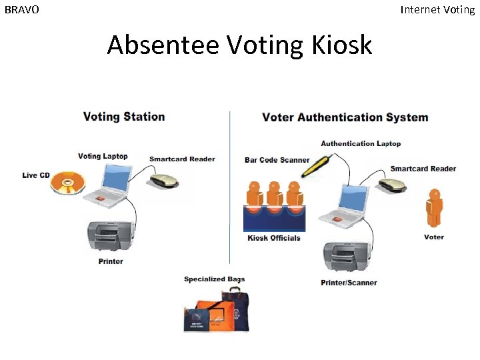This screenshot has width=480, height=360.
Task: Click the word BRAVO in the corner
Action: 22,10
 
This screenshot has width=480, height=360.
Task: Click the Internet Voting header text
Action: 437,10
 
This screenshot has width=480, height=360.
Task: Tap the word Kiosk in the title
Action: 341,45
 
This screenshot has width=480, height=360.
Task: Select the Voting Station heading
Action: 124,117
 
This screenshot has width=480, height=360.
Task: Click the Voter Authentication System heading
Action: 345,117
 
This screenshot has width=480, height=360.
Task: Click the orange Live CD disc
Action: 69,182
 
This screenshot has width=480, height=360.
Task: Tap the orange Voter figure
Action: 435,209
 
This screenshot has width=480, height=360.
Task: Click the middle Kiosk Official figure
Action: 274,194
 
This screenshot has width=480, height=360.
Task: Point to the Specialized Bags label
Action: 215,279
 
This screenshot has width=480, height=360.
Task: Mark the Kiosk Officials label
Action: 274,238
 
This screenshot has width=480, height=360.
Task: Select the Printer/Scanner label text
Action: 349,283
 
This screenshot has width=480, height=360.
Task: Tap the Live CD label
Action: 36,175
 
